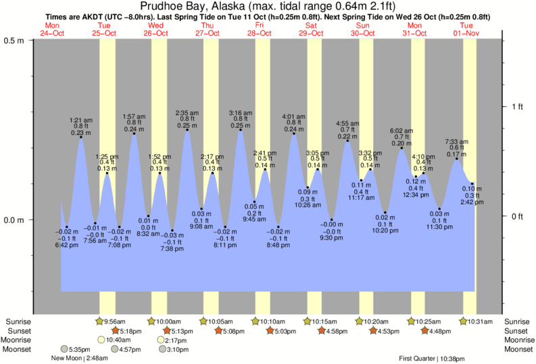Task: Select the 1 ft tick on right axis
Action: pyautogui.click(x=516, y=107)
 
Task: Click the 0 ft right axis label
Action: pyautogui.click(x=516, y=216)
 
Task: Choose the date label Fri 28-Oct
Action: pyautogui.click(x=259, y=30)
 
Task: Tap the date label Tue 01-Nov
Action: pyautogui.click(x=466, y=30)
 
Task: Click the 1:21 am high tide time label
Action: pyautogui.click(x=81, y=120)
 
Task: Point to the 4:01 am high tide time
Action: pyautogui.click(x=293, y=115)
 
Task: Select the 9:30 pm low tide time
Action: pyautogui.click(x=332, y=237)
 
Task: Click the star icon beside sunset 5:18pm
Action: pyautogui.click(x=116, y=331)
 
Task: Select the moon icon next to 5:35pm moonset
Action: pyautogui.click(x=64, y=349)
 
